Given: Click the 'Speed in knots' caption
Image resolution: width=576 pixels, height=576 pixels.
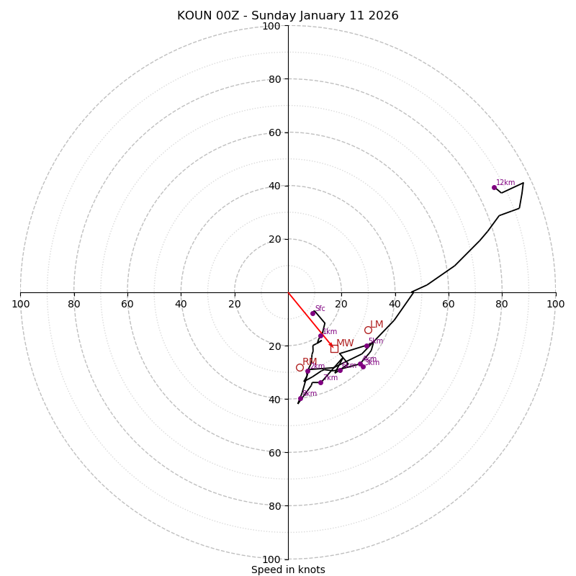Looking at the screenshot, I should pos(288,570).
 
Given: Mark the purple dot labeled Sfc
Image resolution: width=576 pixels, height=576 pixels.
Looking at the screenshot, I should pos(312,313).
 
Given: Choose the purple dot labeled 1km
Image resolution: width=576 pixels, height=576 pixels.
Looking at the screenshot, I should pos(320,336).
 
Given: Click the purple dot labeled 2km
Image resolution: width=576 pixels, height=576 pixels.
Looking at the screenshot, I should pos(307,371).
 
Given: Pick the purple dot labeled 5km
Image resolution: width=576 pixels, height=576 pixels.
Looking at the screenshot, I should pos(366,346).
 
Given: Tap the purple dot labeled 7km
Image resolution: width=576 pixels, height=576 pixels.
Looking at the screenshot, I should pos(320,382).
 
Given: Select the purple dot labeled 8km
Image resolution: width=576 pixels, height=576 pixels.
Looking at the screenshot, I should pos(300,398).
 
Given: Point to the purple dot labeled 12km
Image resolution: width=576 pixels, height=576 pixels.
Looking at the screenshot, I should pos(494,187).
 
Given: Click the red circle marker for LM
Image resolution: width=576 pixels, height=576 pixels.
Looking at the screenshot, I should pos(368,330).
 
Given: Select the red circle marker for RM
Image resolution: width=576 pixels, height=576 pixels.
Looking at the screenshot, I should pos(300,367).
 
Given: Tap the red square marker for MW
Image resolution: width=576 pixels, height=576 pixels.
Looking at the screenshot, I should pos(334,348).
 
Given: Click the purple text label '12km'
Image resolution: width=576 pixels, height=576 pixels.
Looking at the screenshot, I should pos(505,182).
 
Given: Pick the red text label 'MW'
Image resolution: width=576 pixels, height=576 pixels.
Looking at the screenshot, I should pos(345,343).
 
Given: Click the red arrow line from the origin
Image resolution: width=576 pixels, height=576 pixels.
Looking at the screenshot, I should pos(310,319).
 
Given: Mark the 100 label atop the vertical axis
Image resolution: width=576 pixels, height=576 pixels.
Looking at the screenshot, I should pos(271,26).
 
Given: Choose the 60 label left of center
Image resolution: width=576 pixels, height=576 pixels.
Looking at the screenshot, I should pos(127,304).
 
